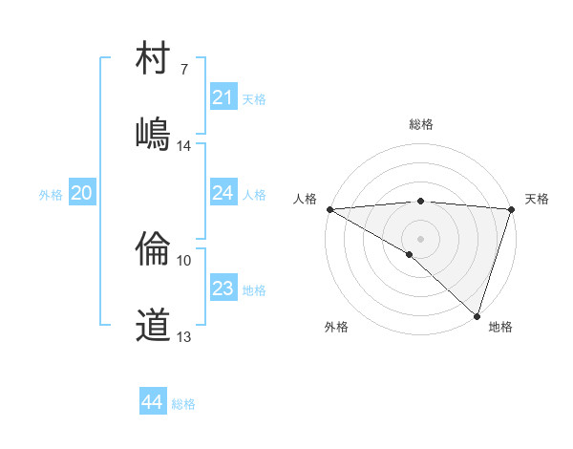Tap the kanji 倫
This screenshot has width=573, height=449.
(153, 250)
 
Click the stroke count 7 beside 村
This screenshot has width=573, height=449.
(184, 70)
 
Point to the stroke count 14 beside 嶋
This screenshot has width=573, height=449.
(183, 146)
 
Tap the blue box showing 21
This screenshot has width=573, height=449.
(223, 97)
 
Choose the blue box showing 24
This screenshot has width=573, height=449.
(223, 193)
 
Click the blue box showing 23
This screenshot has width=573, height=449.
(223, 289)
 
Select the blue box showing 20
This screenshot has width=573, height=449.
(81, 194)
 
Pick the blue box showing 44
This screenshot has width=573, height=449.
(152, 402)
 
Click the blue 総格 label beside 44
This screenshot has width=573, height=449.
(183, 404)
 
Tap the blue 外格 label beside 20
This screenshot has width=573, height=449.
(51, 195)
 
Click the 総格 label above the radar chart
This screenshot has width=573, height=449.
(420, 124)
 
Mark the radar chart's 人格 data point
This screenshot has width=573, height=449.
(329, 209)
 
